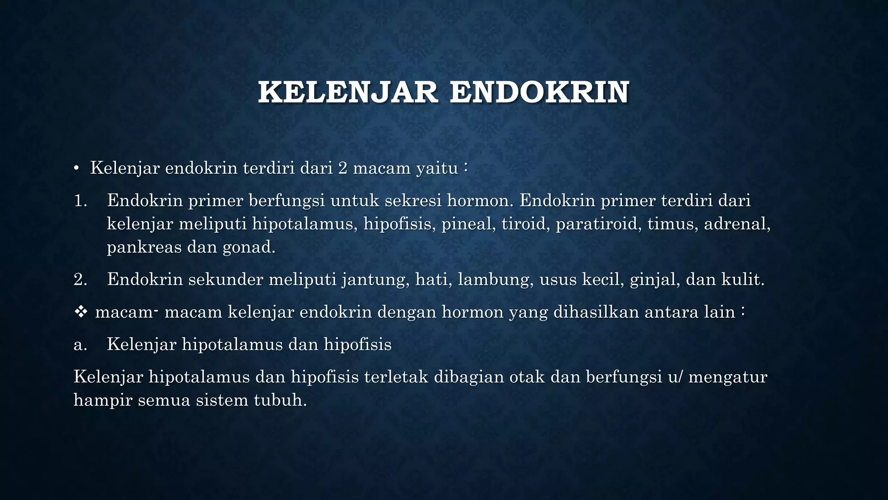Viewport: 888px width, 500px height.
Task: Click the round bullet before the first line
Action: [76, 168]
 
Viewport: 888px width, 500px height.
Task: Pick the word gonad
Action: [249, 247]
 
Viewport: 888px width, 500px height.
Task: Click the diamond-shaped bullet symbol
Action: [81, 312]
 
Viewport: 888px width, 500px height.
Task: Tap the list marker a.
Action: [80, 345]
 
